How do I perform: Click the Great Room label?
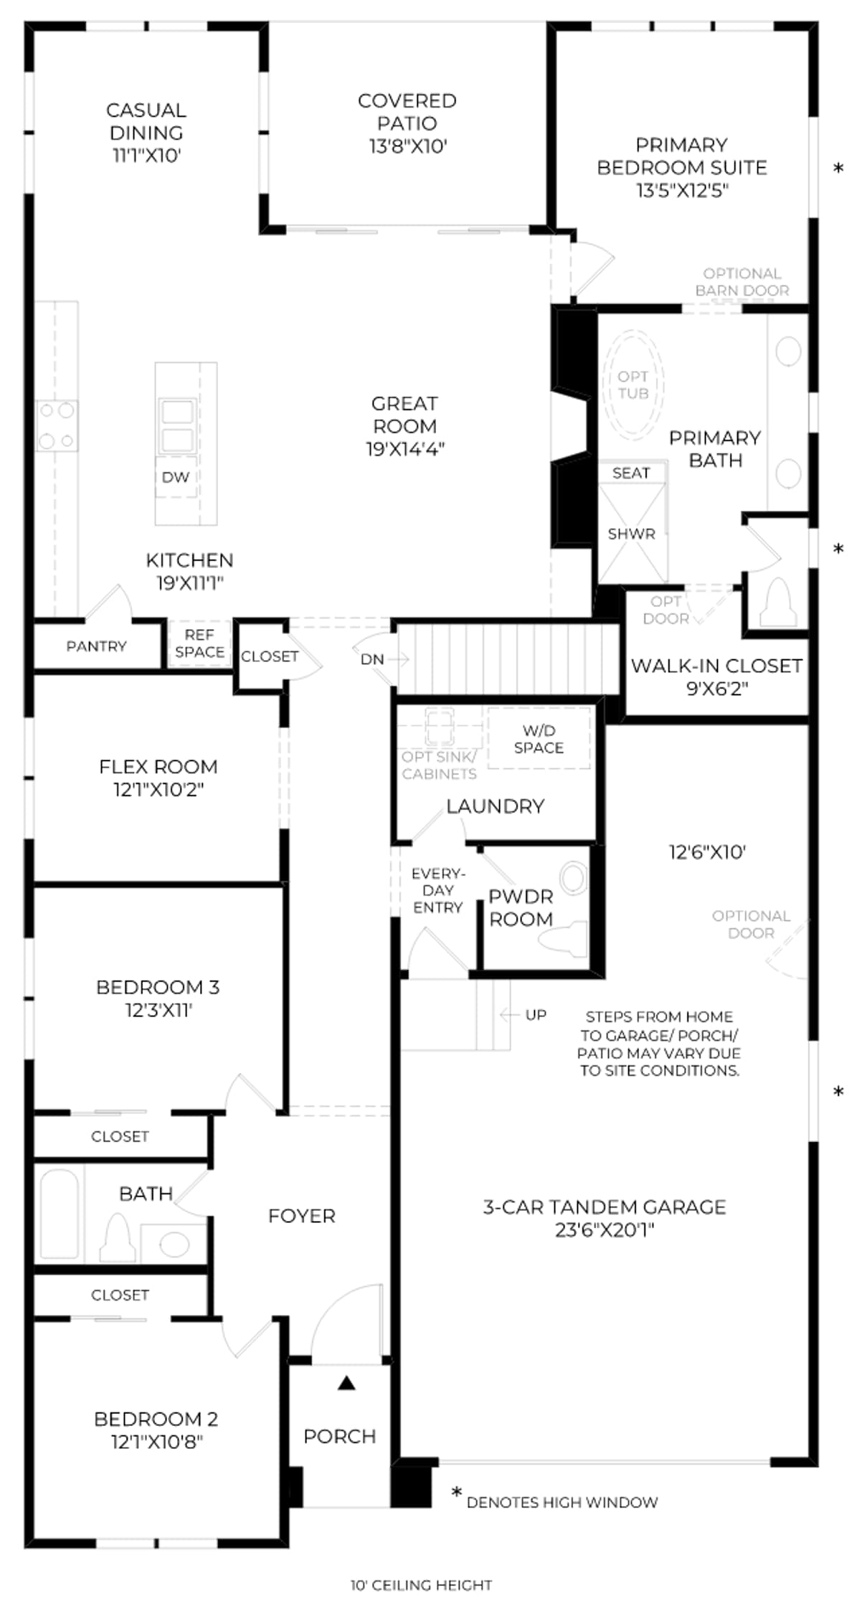[405, 415]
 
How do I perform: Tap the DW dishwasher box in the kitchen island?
[176, 477]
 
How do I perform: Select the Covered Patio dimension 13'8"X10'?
[408, 146]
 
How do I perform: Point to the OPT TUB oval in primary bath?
[633, 384]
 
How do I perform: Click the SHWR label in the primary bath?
[631, 534]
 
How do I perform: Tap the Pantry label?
[96, 646]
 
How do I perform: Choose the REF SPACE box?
[199, 643]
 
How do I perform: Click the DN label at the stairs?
[372, 659]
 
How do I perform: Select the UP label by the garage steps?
[536, 1014]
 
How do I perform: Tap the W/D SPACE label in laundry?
[539, 739]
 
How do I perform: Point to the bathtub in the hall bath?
[59, 1214]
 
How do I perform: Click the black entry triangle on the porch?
[347, 1382]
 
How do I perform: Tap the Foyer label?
[302, 1216]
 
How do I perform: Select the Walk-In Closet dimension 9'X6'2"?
[717, 689]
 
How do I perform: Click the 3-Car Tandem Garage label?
[605, 1207]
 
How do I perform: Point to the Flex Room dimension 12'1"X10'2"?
[158, 790]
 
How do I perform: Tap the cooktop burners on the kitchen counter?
[57, 425]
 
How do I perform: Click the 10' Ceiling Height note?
[422, 1585]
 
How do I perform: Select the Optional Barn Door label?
[742, 282]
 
